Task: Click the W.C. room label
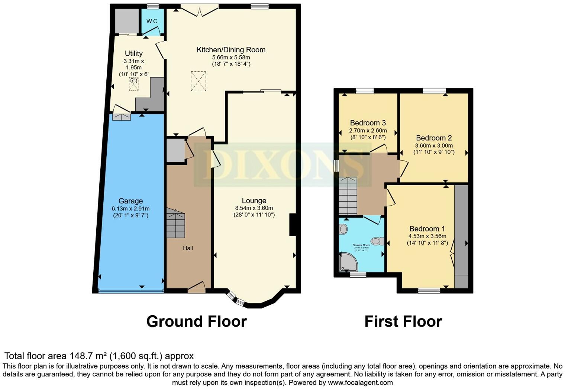tap(152, 21)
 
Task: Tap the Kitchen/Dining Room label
tap(231, 50)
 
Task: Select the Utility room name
tap(133, 53)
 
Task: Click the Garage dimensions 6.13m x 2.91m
tap(130, 209)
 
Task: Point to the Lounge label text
tap(254, 200)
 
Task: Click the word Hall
tap(188, 248)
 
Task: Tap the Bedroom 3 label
tap(368, 123)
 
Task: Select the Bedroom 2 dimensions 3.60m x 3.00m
tap(434, 146)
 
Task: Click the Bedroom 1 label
tap(427, 229)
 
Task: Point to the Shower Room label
tap(361, 245)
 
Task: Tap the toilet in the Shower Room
tap(378, 241)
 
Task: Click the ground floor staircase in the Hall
tap(175, 223)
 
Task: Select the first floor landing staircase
tap(348, 196)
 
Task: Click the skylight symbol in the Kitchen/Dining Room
tap(198, 81)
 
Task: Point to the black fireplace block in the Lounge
tap(293, 225)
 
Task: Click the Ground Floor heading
tap(196, 321)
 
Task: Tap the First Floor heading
tap(403, 321)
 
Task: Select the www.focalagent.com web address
tap(360, 382)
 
